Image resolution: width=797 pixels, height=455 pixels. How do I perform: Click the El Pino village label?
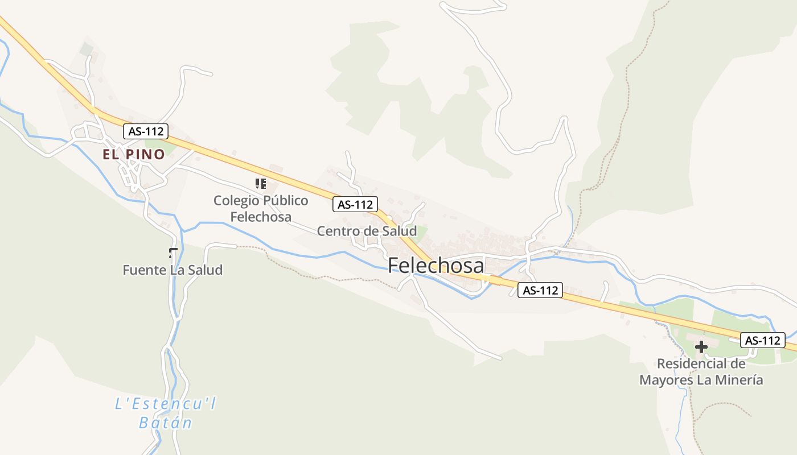coord(134,154)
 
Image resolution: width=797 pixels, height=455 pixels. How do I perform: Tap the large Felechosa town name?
coord(436,266)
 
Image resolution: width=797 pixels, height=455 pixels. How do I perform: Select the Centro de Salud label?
coord(367,231)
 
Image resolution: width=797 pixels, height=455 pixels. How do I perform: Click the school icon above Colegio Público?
coord(261,183)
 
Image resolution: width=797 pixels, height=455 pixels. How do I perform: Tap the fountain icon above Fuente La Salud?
coord(173,253)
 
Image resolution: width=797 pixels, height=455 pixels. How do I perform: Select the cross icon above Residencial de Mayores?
coord(701,346)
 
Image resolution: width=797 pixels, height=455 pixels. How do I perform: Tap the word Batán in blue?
coord(166,423)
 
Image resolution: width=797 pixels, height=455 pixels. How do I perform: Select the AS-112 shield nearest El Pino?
coord(146,131)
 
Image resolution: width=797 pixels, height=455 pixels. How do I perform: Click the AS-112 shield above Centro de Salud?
coord(355,204)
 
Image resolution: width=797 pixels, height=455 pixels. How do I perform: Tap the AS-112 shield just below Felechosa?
coord(540,290)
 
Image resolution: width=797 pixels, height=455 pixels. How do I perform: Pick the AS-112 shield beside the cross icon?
coord(762,341)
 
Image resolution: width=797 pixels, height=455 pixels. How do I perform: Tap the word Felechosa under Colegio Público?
coord(261,217)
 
